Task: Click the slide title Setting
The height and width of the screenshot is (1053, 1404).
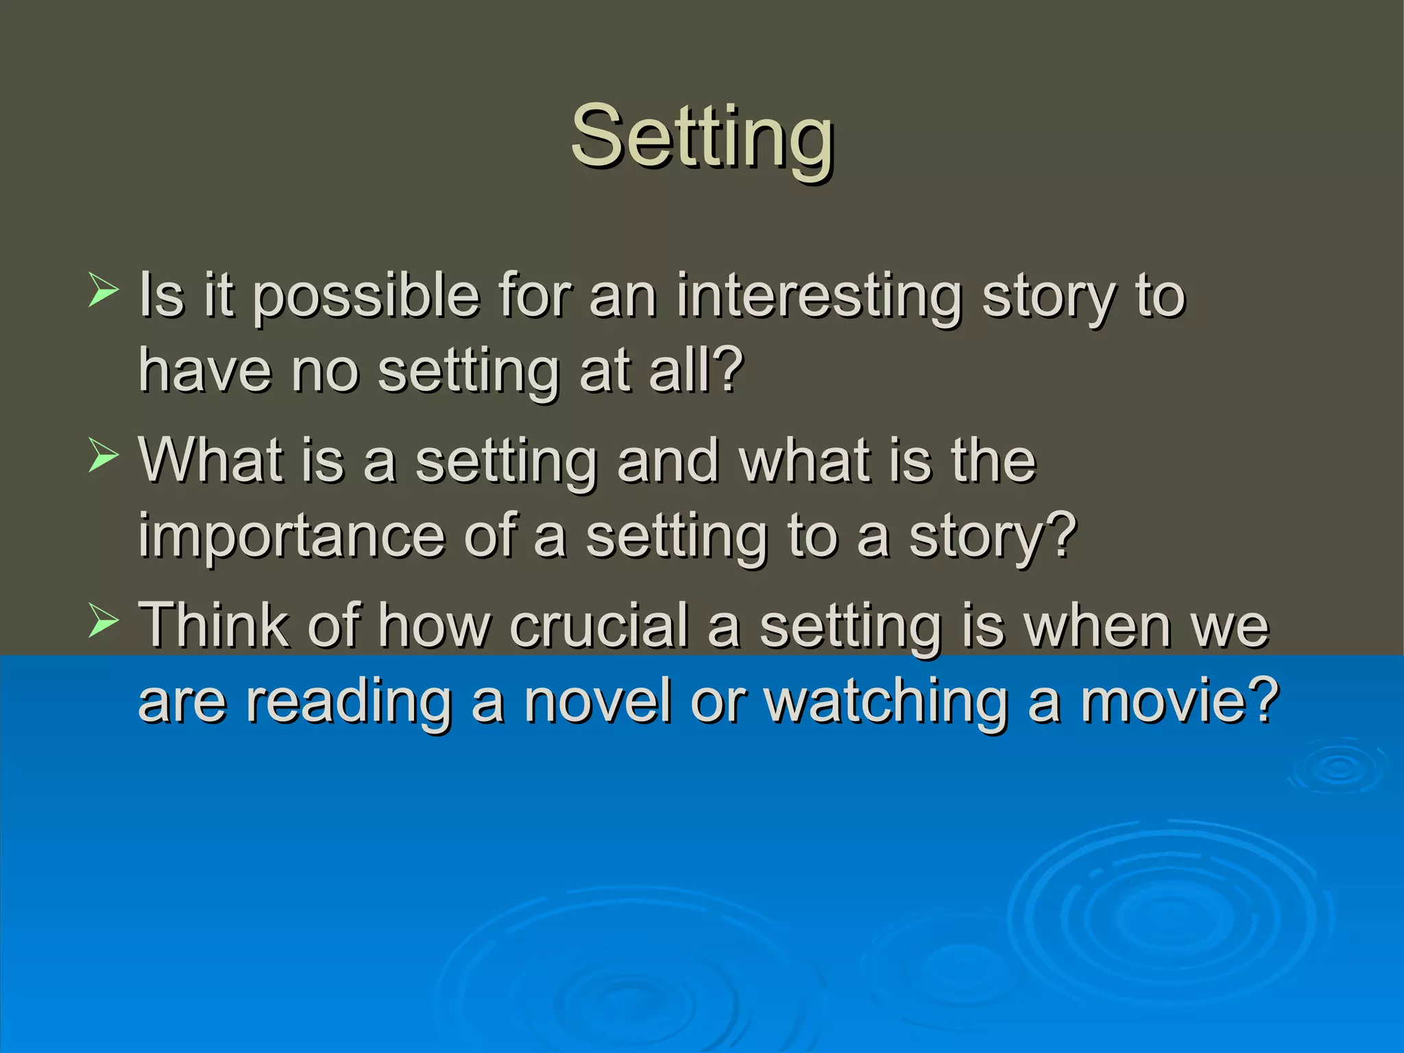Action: tap(702, 137)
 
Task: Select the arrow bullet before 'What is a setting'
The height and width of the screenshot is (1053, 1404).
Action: tap(104, 456)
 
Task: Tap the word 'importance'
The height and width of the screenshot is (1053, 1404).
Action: tap(291, 537)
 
